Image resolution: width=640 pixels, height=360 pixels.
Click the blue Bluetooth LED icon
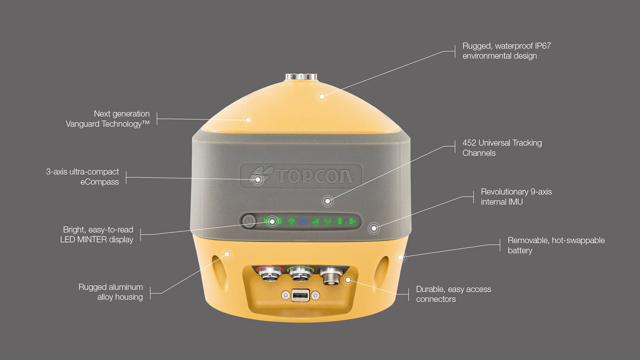click(x=303, y=221)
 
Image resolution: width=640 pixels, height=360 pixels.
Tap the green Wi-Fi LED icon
click(x=291, y=221)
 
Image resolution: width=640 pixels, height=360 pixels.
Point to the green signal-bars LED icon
click(x=316, y=221)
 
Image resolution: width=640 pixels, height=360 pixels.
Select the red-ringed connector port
click(x=269, y=274)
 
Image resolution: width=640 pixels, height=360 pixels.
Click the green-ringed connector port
click(x=300, y=274)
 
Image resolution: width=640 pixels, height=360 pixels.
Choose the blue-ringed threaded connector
click(x=331, y=276)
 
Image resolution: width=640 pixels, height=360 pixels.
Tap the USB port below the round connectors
click(x=300, y=296)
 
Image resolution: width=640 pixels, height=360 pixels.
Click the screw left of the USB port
click(x=285, y=296)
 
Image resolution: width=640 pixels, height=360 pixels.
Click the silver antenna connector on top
click(x=301, y=76)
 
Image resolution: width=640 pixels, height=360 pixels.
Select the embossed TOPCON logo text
click(x=315, y=176)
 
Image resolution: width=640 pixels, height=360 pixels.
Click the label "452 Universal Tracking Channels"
click(x=502, y=148)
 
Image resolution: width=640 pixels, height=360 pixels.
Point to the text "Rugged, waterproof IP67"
click(x=506, y=46)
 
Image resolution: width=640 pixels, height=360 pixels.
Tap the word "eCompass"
click(x=100, y=182)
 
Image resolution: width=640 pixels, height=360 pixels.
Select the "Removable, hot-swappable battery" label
click(x=556, y=245)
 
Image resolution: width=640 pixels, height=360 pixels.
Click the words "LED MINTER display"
click(x=97, y=240)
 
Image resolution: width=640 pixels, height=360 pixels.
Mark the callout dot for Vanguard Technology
click(x=248, y=120)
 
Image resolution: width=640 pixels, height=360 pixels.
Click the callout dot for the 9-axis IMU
click(x=374, y=228)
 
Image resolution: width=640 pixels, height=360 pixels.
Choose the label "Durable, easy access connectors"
click(x=453, y=294)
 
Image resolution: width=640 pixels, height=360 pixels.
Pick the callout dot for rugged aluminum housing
click(x=227, y=254)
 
